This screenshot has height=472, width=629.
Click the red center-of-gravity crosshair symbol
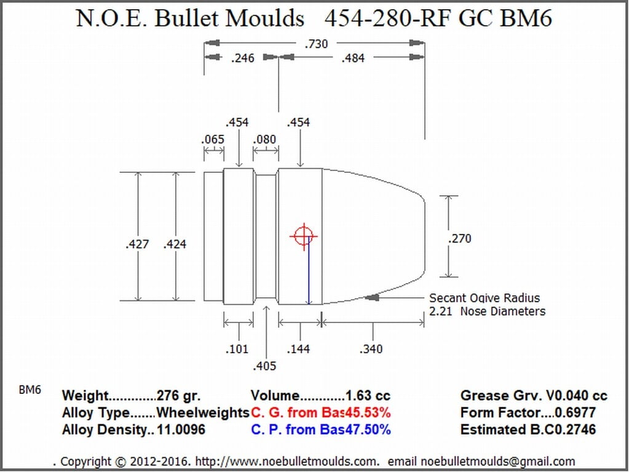click(x=304, y=236)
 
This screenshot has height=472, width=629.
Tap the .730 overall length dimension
click(x=316, y=44)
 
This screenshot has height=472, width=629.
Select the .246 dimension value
click(x=243, y=58)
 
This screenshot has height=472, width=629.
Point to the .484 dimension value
click(x=353, y=58)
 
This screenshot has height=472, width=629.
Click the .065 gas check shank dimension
click(x=213, y=140)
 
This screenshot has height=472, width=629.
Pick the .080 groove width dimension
click(x=264, y=139)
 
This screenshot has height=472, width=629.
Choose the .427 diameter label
click(x=137, y=244)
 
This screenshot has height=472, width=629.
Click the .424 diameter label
click(x=175, y=244)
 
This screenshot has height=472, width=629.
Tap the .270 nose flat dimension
click(x=460, y=239)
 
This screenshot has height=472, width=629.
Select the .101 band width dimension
click(x=237, y=349)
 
